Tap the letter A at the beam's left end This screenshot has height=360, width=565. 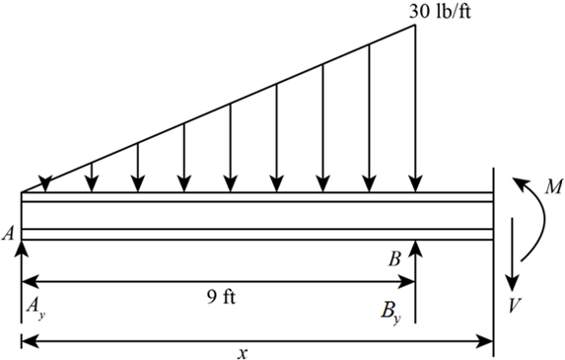(x=8, y=234)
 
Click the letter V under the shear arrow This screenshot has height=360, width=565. (x=515, y=305)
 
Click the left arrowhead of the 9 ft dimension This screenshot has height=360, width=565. (x=28, y=281)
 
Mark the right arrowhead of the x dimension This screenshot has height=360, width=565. (x=487, y=341)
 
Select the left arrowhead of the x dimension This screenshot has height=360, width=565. (x=28, y=341)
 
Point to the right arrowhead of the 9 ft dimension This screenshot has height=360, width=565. (x=408, y=281)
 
